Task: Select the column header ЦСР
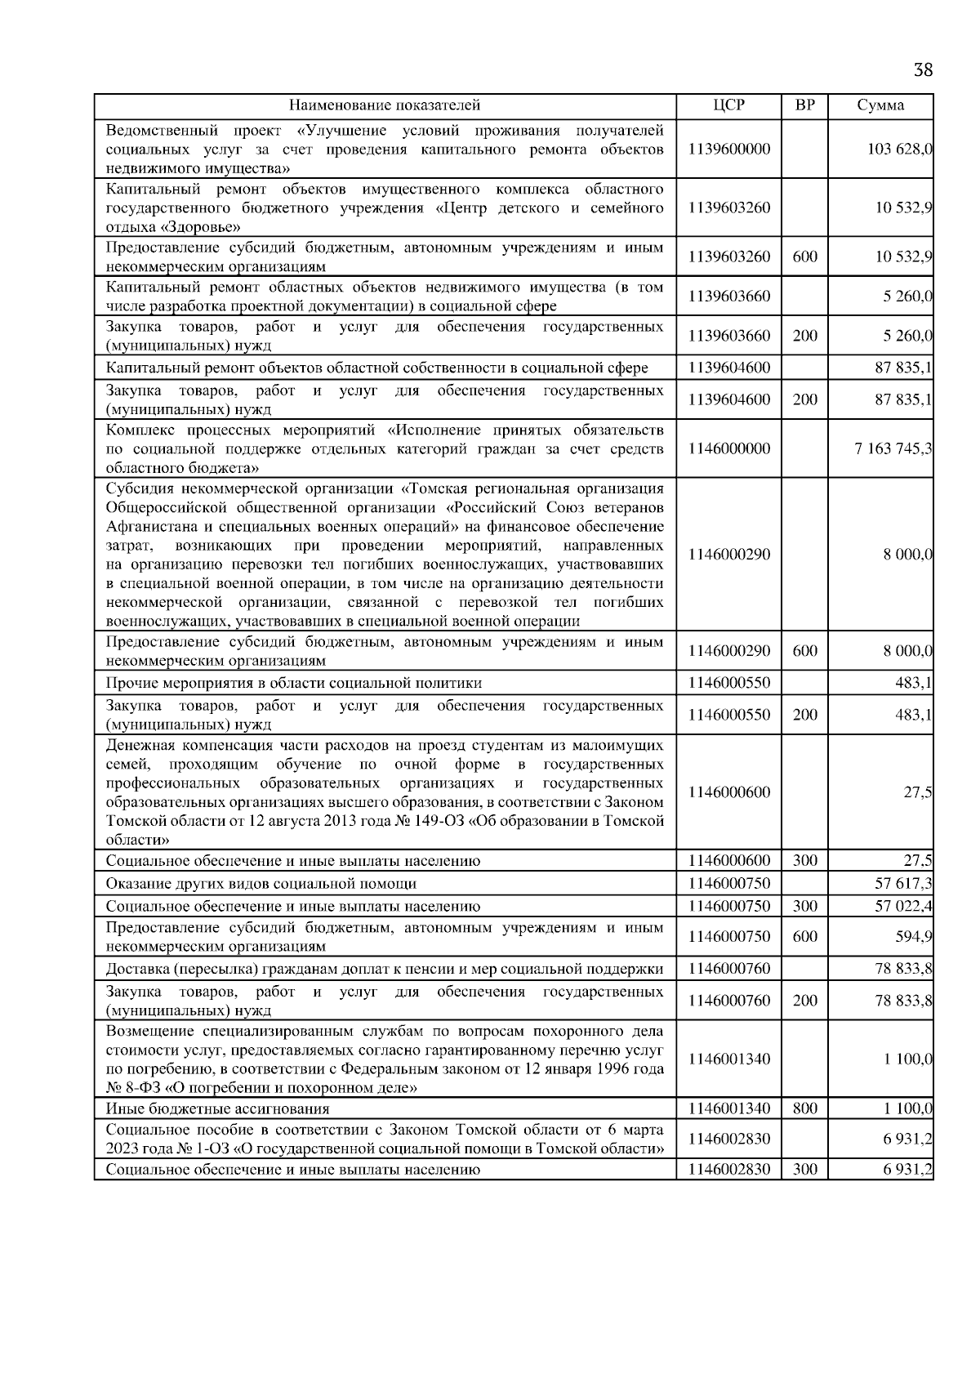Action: (728, 105)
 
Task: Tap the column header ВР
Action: (804, 105)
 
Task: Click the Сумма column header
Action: (880, 105)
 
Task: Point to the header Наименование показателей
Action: (385, 105)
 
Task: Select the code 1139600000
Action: (728, 149)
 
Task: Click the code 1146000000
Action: (728, 448)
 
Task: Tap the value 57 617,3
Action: (904, 883)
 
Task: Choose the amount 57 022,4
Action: (904, 906)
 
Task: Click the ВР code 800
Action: (804, 1108)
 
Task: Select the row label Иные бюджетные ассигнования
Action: (218, 1108)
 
